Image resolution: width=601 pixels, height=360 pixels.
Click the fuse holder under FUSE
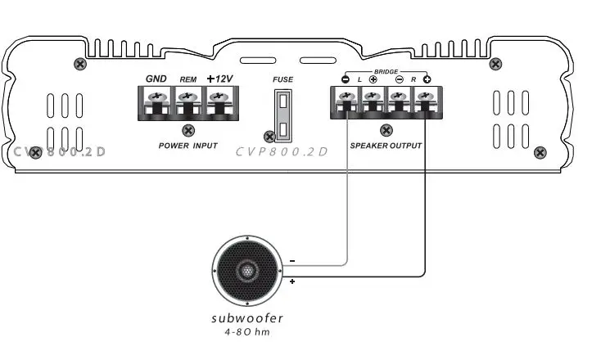282,115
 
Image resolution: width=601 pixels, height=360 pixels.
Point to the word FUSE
282,79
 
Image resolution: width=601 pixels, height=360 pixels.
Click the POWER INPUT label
188,145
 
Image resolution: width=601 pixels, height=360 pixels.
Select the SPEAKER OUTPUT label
386,145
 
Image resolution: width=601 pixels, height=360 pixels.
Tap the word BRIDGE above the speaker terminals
386,72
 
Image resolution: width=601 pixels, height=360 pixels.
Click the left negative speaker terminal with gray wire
346,98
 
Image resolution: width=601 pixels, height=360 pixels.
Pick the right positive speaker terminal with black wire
424,98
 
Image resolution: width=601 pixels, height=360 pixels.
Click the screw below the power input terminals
188,129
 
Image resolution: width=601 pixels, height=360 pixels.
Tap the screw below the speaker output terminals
386,129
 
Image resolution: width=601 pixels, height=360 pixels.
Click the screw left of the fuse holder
267,137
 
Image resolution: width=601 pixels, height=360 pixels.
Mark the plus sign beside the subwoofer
293,281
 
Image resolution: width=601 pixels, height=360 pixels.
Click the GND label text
156,79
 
